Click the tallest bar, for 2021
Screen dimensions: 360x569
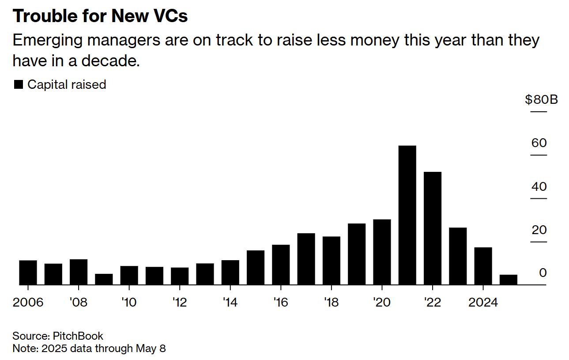tap(407, 215)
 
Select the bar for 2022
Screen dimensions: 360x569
tap(432, 228)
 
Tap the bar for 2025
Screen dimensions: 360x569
tap(508, 280)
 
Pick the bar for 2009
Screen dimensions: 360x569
tap(104, 279)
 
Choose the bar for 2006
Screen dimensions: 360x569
tap(28, 273)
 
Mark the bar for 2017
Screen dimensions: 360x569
tap(306, 259)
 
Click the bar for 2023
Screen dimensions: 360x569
tap(458, 256)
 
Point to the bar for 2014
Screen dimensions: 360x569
tap(230, 273)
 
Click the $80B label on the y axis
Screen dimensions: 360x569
tap(541, 100)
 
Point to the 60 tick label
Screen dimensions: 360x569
tap(539, 143)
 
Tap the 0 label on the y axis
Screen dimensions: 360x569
tap(543, 273)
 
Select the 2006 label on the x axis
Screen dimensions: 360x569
tap(28, 303)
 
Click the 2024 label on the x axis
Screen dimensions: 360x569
tap(483, 303)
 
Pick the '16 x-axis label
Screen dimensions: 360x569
tap(281, 303)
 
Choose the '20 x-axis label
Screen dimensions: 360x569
tap(382, 303)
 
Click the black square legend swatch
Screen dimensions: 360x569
tap(19, 85)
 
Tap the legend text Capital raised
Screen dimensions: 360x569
tap(67, 85)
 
